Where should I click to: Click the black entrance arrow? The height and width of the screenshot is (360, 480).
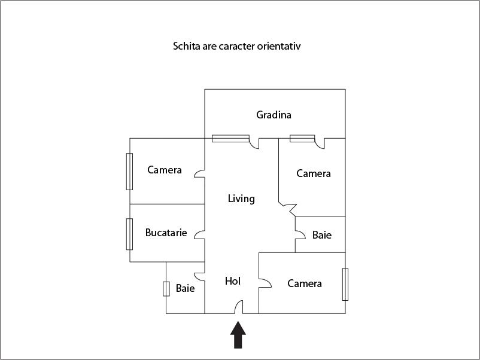tap(238, 335)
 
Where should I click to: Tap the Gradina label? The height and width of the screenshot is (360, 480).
tap(274, 115)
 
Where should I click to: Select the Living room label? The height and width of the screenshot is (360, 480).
tap(241, 199)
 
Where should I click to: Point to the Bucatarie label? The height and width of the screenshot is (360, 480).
tap(166, 233)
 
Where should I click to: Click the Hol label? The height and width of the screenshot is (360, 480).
tap(233, 281)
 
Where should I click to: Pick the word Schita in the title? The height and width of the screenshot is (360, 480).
tap(186, 46)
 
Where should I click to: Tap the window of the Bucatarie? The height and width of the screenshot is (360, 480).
tap(129, 234)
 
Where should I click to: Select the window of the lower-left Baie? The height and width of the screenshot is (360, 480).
tap(166, 289)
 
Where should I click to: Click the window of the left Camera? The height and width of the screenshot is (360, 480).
tap(129, 172)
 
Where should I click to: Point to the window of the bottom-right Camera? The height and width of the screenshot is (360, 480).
tap(345, 284)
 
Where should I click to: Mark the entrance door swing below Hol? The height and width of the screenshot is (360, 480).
tap(239, 307)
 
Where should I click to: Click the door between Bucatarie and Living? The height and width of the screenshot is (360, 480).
tap(199, 234)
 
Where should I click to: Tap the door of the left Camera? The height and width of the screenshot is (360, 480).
tap(199, 174)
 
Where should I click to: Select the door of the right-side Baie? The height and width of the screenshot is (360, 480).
tap(300, 234)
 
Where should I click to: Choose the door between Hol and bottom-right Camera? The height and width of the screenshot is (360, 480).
tap(265, 283)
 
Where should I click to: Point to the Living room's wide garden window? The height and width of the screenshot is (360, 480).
tap(230, 139)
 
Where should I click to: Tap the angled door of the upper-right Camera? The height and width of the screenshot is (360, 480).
tap(288, 209)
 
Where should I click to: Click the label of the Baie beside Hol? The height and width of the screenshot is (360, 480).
tap(185, 288)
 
